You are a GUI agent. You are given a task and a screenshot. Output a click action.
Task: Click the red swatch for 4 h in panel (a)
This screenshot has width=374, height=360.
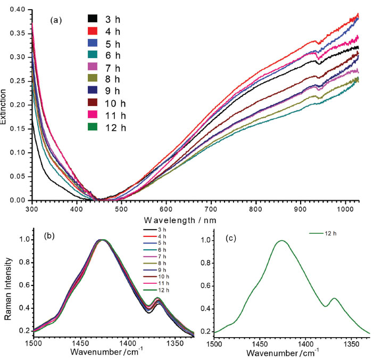click(93, 31)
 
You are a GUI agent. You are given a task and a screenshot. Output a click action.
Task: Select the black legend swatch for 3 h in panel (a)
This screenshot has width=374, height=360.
click(93, 19)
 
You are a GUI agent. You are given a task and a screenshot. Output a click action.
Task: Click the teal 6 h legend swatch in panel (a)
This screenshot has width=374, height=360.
click(93, 55)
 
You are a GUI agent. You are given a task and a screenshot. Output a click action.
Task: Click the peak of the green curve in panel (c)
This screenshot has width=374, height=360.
click(281, 241)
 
